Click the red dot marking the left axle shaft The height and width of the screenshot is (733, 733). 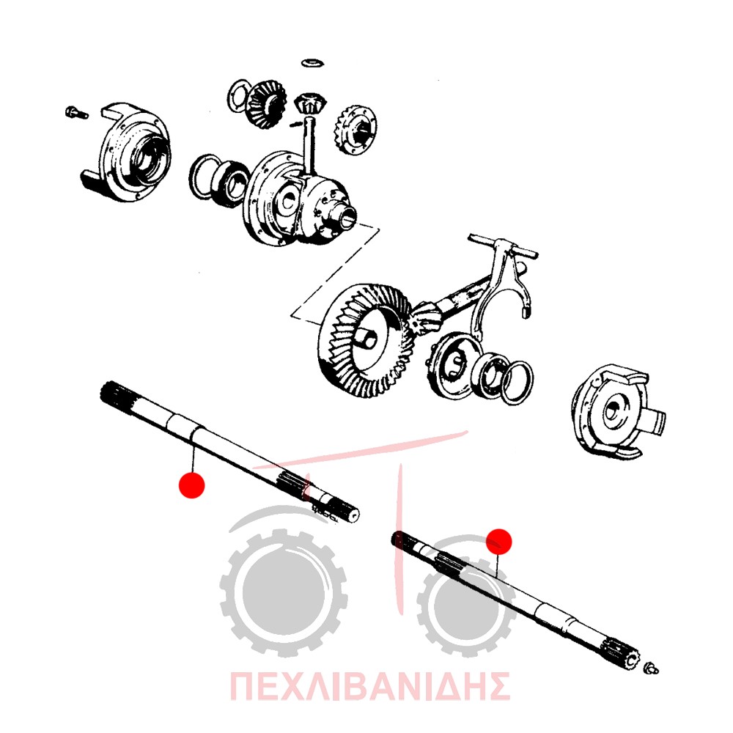coord(191,485)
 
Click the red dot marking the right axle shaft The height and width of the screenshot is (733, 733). coord(498,542)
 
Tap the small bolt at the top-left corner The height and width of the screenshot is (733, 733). coord(76,113)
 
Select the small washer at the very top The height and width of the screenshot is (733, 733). coord(313,62)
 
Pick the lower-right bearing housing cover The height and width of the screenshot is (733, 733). coord(617,410)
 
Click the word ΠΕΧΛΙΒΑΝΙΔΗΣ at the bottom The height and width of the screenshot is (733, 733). coord(369,686)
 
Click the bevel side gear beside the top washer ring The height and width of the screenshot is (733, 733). coord(265,105)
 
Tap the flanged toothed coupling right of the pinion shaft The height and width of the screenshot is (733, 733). coord(356,129)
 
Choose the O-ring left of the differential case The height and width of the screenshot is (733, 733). coord(206,177)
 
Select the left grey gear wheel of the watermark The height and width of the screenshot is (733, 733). coord(283,592)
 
